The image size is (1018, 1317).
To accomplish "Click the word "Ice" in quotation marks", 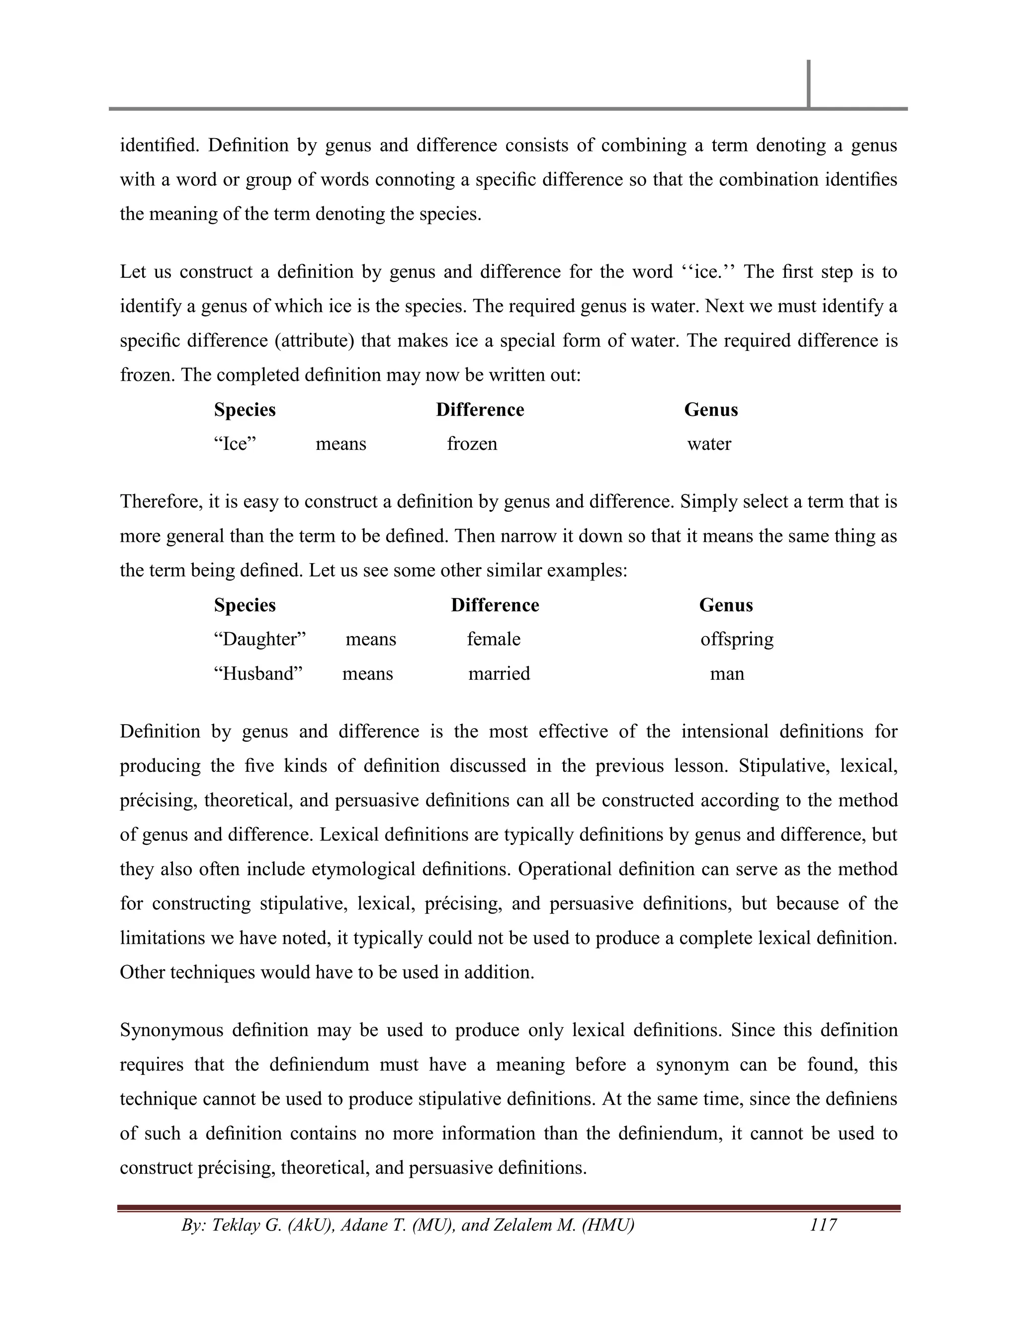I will [x=235, y=444].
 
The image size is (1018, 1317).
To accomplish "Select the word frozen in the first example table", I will [x=472, y=444].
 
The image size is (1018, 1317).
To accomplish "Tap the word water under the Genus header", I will [x=709, y=444].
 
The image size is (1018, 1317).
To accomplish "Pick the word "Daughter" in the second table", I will [x=260, y=639].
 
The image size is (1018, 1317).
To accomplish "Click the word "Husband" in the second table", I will [x=257, y=673].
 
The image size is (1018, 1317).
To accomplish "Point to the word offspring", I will [x=736, y=639].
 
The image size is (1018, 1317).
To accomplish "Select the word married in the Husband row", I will [x=499, y=673].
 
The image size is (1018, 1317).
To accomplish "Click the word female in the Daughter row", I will [x=493, y=639].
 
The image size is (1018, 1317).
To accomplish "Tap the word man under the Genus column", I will [x=727, y=673].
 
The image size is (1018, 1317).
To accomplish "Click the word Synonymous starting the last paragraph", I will [x=171, y=1030].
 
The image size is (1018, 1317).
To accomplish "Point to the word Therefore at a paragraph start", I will [x=159, y=502].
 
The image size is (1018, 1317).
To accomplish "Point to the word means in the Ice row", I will [x=340, y=444].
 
